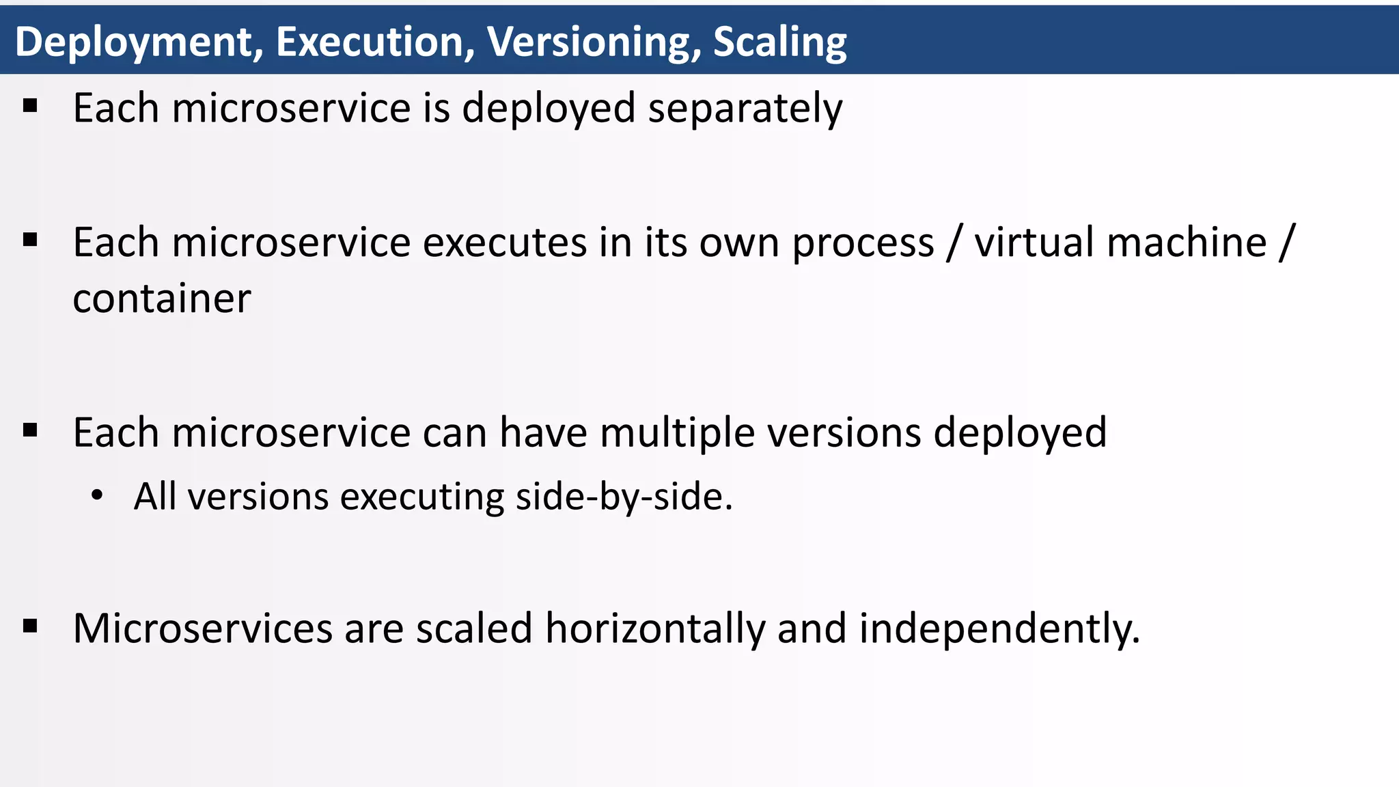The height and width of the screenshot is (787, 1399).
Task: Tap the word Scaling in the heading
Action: coord(779,42)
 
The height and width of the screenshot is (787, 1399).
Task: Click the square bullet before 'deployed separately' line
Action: coord(29,106)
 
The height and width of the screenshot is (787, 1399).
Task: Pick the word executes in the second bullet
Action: coord(504,243)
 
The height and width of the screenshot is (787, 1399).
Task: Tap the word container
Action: coord(162,299)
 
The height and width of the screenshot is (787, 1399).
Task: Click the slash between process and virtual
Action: coord(954,243)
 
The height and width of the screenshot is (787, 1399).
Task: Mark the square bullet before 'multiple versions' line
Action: coord(29,430)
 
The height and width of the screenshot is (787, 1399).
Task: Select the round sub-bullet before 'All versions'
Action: coord(97,495)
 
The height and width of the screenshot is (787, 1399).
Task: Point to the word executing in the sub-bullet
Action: coord(421,497)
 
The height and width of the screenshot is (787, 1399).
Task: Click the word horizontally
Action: coord(654,629)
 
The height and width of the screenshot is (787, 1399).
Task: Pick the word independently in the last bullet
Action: coord(998,629)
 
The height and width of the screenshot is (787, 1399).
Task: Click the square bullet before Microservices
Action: coord(29,626)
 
